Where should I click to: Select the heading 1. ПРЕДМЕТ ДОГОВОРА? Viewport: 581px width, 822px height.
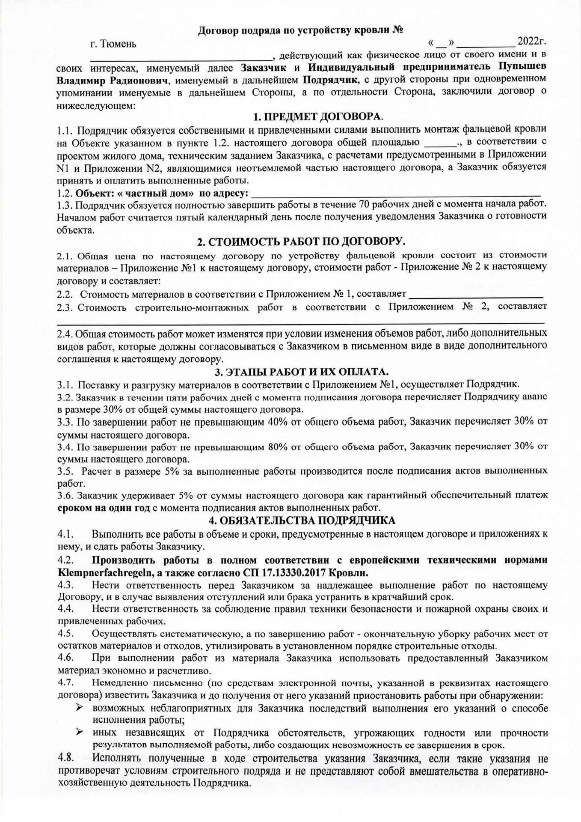click(x=318, y=117)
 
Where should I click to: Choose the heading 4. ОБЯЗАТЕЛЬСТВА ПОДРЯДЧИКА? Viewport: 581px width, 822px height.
click(x=301, y=521)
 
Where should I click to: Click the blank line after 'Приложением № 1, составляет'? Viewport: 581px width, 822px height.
click(x=476, y=295)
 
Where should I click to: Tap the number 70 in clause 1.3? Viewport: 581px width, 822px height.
click(x=365, y=204)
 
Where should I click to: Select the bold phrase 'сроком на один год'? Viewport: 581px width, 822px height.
click(x=104, y=508)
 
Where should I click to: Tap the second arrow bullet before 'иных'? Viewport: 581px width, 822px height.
click(x=80, y=733)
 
